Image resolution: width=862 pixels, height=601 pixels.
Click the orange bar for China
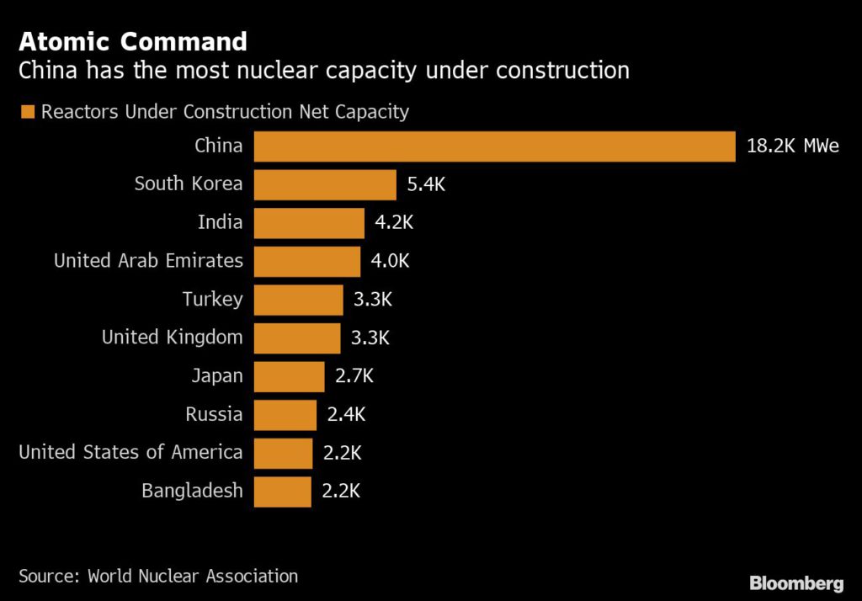494,146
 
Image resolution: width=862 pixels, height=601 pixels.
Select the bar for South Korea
324,184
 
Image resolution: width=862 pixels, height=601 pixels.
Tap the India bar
308,223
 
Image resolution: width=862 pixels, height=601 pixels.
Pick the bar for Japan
289,376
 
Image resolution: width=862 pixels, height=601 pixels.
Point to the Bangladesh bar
282,492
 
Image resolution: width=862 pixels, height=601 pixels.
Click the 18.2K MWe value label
792,146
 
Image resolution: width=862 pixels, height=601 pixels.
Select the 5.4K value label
426,184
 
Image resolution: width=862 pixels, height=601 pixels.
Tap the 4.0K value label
390,261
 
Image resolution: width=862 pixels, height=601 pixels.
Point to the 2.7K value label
354,376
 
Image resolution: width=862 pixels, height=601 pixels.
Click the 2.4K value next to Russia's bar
347,415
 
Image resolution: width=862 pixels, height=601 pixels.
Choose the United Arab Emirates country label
148,261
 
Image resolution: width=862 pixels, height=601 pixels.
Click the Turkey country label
212,300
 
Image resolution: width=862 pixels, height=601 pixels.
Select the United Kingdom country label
172,338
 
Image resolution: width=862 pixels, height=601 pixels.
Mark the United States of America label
130,453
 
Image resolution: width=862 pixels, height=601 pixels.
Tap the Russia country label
214,415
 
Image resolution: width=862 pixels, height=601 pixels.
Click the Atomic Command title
133,41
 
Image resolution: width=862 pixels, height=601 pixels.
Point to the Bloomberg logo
796,582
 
